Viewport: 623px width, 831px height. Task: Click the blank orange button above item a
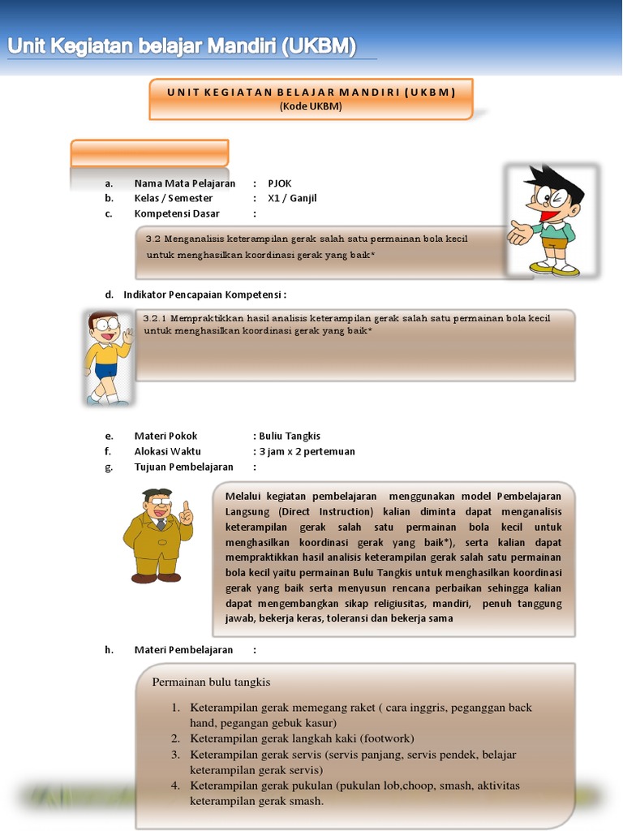149,153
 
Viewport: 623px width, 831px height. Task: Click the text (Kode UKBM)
311,106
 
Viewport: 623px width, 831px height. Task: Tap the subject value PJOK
279,183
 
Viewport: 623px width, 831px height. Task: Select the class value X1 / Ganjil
292,198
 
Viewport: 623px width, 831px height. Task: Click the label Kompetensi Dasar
177,213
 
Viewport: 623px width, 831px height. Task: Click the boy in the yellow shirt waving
107,356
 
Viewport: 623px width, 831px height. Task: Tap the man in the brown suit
158,536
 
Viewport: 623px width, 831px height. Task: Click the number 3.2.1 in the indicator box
154,318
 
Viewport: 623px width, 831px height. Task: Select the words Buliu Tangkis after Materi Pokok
290,436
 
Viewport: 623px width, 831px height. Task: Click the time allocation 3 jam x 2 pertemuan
307,451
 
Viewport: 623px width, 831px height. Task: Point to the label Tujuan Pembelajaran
183,467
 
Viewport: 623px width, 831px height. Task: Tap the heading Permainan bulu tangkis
211,682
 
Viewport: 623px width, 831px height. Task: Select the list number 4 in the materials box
175,786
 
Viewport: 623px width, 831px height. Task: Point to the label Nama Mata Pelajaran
184,183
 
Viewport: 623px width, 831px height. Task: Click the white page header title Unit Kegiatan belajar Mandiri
181,47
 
